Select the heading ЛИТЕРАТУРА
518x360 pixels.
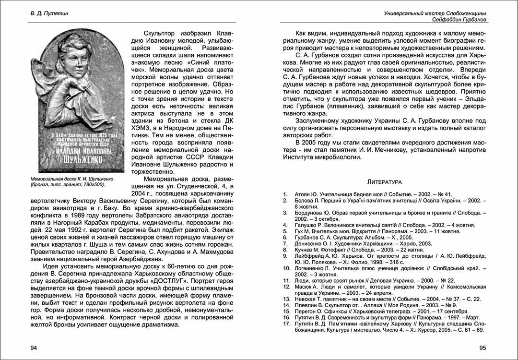(x=384, y=182)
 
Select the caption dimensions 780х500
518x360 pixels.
(x=94, y=184)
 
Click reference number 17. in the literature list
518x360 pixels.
(x=286, y=324)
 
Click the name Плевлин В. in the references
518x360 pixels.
(x=306, y=305)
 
